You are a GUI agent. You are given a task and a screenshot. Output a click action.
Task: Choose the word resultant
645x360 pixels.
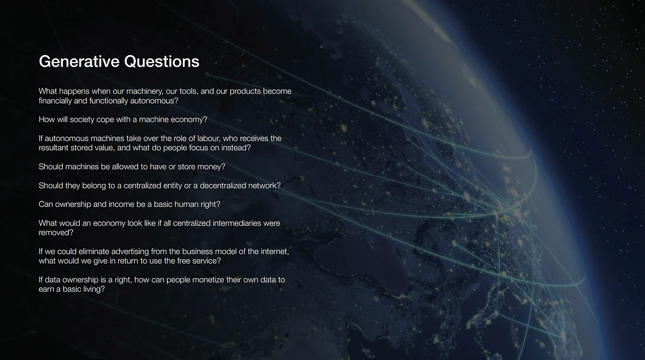(55, 148)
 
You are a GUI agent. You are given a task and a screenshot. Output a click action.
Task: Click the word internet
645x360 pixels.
(273, 252)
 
